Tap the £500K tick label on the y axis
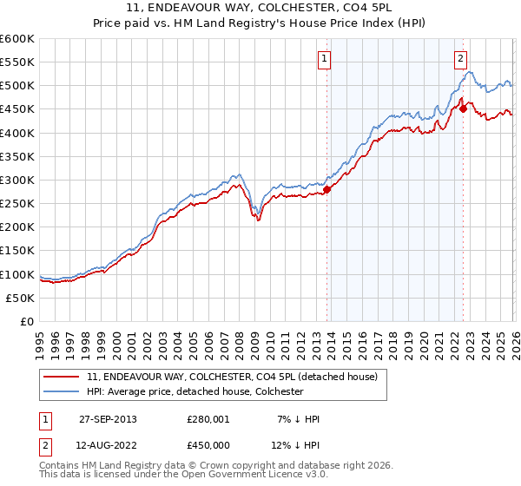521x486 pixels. coord(17,86)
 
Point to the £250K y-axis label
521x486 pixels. coord(17,203)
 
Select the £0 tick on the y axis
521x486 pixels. coord(28,321)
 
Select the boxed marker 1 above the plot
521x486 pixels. coord(324,59)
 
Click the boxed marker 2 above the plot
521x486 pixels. coord(459,59)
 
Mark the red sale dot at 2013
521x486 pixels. coord(327,189)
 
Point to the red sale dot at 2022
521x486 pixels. coord(463,108)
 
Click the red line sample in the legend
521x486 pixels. coord(63,378)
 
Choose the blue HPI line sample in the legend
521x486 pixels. coord(63,391)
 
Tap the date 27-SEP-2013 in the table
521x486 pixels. coord(108,419)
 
